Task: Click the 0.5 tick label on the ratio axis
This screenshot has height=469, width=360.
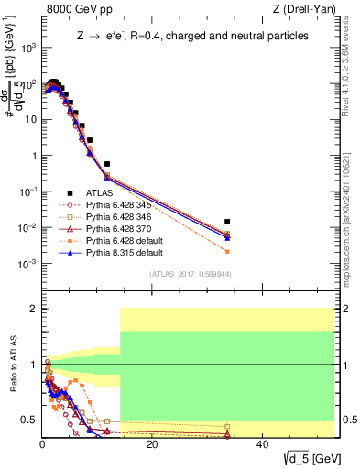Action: [27, 420]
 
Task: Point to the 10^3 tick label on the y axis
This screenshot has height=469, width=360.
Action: [26, 48]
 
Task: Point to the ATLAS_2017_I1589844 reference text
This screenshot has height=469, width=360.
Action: [191, 273]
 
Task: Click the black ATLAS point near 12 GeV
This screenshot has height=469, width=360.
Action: [107, 164]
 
